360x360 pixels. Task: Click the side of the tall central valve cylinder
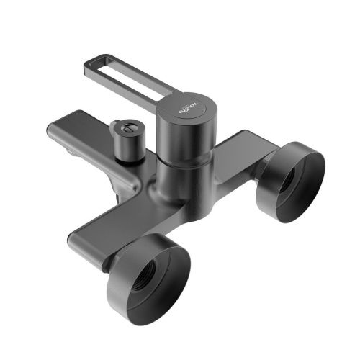point(177,140)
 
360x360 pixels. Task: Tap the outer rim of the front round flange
point(184,248)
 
